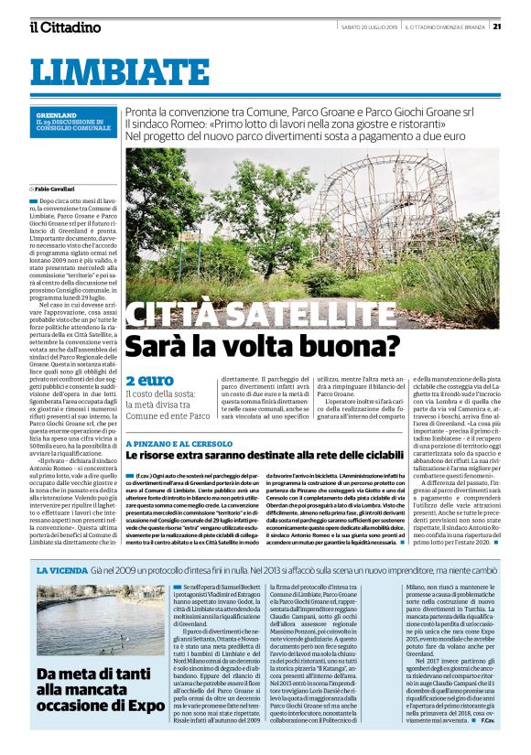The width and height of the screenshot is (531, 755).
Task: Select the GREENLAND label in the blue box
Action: point(56,115)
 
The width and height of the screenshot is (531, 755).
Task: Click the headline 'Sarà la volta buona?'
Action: point(263,347)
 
